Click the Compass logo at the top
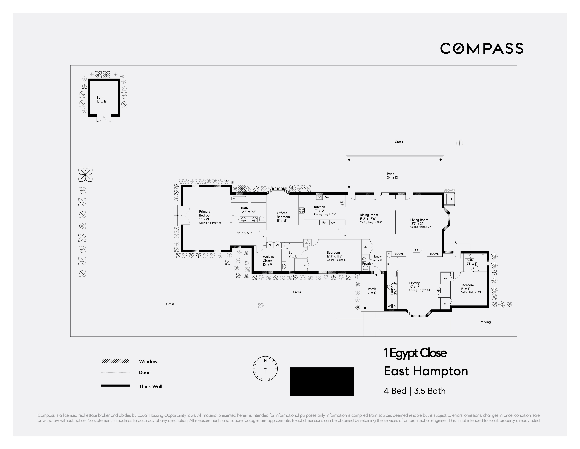coord(482,48)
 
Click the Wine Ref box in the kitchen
coord(343,203)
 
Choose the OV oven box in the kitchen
coord(333,223)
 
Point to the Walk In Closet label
coord(268,259)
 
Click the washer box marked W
coord(389,306)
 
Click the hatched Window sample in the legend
coord(115,361)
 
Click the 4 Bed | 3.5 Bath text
coord(415,391)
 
